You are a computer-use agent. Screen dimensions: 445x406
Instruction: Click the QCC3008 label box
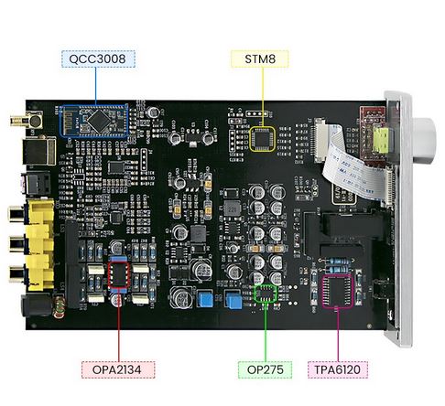98,59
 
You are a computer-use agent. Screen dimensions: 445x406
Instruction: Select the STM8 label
260,59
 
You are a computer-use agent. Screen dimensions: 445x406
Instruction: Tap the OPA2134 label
118,369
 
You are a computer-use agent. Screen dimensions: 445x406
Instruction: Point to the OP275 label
265,369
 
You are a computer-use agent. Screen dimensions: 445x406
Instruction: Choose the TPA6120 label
338,369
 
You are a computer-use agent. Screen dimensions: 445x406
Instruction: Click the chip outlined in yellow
262,139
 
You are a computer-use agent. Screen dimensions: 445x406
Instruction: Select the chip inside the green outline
266,294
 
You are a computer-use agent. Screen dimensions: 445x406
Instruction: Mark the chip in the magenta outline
338,292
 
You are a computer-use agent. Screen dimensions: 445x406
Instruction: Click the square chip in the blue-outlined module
98,121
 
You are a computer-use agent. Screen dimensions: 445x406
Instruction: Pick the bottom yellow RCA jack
31,273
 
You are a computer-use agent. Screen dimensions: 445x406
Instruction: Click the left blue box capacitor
205,299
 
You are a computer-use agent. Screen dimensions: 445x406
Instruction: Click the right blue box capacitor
233,299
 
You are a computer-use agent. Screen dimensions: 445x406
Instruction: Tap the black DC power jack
37,304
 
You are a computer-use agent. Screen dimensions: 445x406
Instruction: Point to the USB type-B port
38,152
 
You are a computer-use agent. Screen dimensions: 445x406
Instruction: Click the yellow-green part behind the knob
381,141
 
